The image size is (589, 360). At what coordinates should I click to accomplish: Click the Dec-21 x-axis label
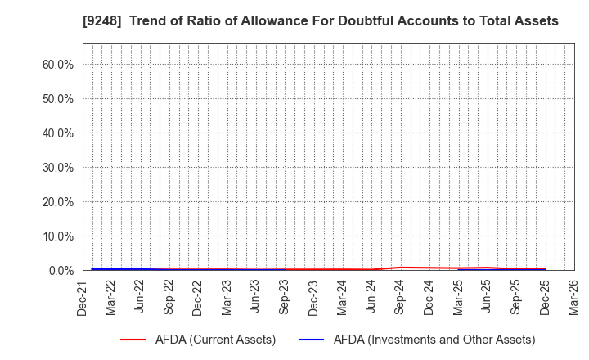click(x=83, y=296)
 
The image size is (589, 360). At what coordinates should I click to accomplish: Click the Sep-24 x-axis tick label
click(x=400, y=296)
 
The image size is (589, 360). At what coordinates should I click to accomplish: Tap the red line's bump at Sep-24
click(x=400, y=268)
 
